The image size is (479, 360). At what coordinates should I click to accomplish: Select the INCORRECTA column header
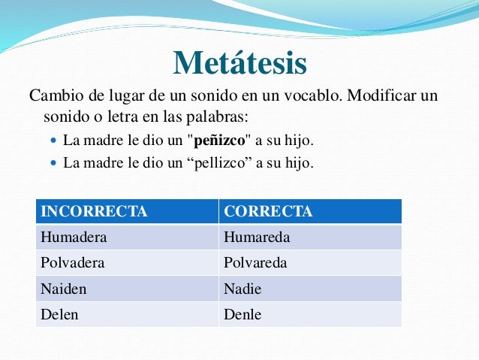(93, 211)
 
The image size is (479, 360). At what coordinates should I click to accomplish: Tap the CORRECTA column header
(268, 211)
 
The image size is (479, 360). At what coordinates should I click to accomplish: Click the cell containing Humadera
(74, 237)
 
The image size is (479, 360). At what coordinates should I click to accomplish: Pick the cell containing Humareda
(257, 237)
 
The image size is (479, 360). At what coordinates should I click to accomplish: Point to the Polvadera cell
(72, 263)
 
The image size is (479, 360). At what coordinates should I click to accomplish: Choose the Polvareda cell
(255, 263)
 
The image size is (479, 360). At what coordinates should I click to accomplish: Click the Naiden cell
(62, 289)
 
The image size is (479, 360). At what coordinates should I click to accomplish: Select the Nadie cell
(243, 289)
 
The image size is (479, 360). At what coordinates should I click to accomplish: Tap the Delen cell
(59, 314)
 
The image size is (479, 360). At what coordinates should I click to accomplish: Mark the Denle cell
(243, 314)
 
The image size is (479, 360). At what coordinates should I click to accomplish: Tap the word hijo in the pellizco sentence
(298, 162)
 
